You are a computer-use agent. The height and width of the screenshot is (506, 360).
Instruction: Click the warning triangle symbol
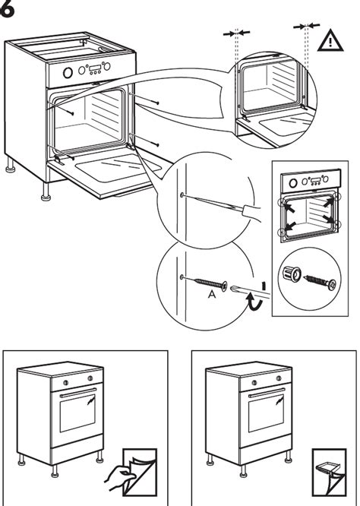330,41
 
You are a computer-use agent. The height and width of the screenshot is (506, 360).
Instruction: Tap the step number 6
6,10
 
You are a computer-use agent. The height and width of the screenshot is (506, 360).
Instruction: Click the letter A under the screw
212,295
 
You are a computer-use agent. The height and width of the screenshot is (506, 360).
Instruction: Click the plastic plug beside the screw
292,274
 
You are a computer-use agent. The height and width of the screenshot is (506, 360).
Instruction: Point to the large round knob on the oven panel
68,73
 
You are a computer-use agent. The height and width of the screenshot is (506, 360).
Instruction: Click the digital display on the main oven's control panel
95,68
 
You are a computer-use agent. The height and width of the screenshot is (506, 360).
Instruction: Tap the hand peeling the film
120,479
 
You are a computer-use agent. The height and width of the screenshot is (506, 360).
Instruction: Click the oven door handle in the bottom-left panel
78,392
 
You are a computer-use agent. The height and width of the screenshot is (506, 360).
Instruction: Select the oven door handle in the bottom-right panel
267,392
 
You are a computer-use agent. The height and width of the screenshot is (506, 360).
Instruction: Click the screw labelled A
210,283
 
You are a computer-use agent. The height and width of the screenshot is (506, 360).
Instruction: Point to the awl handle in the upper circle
252,212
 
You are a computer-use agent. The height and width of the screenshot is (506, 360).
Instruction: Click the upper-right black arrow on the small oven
328,202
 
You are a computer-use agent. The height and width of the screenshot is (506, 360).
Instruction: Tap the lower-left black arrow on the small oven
289,226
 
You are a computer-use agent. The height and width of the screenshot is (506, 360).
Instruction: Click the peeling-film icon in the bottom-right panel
329,472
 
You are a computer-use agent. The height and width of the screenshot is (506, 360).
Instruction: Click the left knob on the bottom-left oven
65,383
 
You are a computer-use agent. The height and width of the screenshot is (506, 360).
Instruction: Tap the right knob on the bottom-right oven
279,378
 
